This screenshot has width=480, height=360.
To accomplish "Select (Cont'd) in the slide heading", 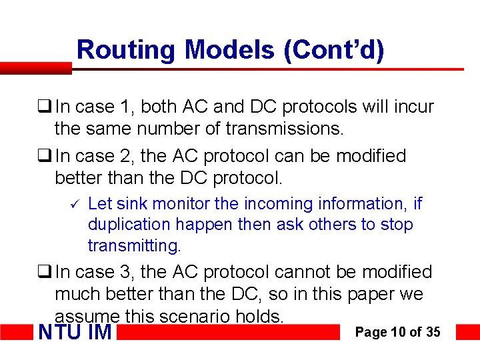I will click(x=334, y=49).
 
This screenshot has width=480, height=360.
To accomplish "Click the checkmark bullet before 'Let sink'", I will click(x=75, y=203).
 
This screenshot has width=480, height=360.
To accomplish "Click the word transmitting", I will click(x=134, y=246).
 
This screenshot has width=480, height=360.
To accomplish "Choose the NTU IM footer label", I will click(x=76, y=331).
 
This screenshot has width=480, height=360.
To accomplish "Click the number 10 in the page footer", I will click(x=397, y=331).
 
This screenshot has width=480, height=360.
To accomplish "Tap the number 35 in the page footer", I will click(x=433, y=331).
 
